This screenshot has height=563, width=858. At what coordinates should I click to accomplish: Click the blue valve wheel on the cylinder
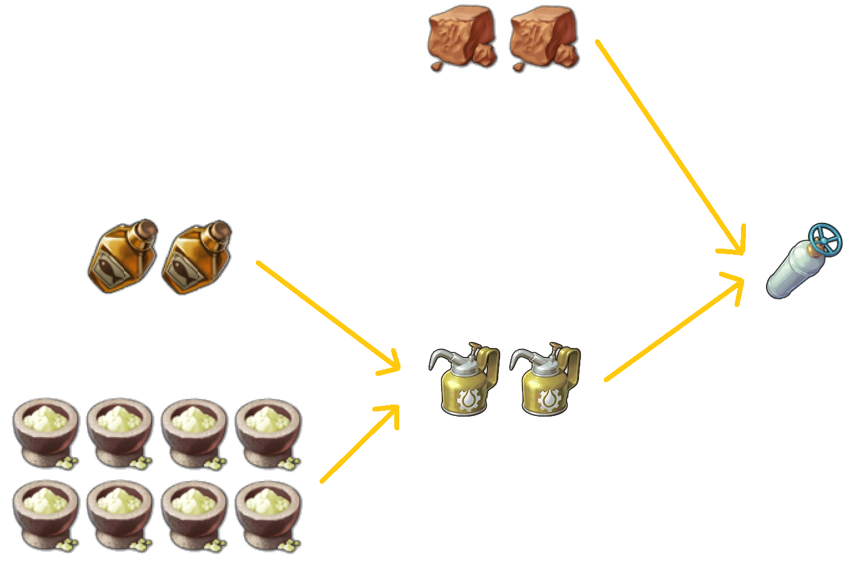(825, 239)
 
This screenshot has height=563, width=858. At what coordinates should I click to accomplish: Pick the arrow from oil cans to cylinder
(673, 329)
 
